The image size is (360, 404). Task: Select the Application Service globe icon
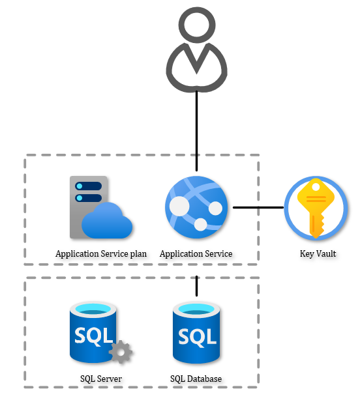[196, 207]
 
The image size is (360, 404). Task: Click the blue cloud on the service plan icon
[108, 222]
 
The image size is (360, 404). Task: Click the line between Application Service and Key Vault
[258, 208]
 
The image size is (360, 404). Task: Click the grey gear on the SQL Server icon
[121, 352]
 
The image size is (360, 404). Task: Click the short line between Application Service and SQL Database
[196, 285]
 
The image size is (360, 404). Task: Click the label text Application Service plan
[101, 253]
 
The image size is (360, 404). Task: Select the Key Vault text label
[318, 253]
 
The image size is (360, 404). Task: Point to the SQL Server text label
[101, 379]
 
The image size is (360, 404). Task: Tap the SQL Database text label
[196, 379]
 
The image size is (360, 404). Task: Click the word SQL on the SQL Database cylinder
[196, 337]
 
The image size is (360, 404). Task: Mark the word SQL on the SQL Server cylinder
[93, 336]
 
